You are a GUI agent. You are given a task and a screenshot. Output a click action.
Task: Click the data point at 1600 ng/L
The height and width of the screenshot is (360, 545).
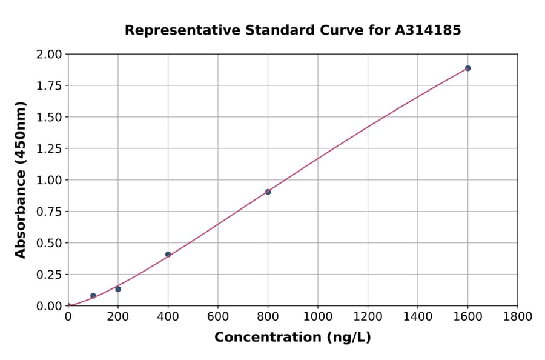tap(467, 68)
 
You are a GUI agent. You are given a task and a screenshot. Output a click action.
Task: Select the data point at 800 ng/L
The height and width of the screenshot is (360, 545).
tap(268, 192)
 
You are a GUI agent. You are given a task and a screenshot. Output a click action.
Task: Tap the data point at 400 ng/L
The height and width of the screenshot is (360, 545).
tap(168, 255)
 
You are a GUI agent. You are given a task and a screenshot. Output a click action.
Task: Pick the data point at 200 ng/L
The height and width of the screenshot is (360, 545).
tap(118, 289)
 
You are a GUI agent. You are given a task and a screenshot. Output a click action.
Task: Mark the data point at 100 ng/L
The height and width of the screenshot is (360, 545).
tap(93, 296)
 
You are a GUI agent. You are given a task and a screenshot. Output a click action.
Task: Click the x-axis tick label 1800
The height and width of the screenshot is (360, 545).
tap(517, 317)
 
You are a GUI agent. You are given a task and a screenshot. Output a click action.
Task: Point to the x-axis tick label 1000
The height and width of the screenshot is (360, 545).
tap(317, 317)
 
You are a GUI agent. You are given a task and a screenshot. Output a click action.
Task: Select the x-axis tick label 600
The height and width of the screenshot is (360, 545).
tap(218, 317)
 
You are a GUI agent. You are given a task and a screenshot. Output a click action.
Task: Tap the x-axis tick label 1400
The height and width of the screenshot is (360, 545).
tap(417, 317)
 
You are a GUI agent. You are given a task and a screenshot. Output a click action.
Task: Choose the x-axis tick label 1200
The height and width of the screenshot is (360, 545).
tap(368, 317)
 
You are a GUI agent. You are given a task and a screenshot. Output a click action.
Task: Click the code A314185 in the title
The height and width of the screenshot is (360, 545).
tap(428, 30)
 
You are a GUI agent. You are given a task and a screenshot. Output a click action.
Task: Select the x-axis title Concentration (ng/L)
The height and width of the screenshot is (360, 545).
tap(292, 338)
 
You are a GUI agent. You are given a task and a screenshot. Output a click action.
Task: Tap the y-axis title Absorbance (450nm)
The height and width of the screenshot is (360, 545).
tap(21, 180)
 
